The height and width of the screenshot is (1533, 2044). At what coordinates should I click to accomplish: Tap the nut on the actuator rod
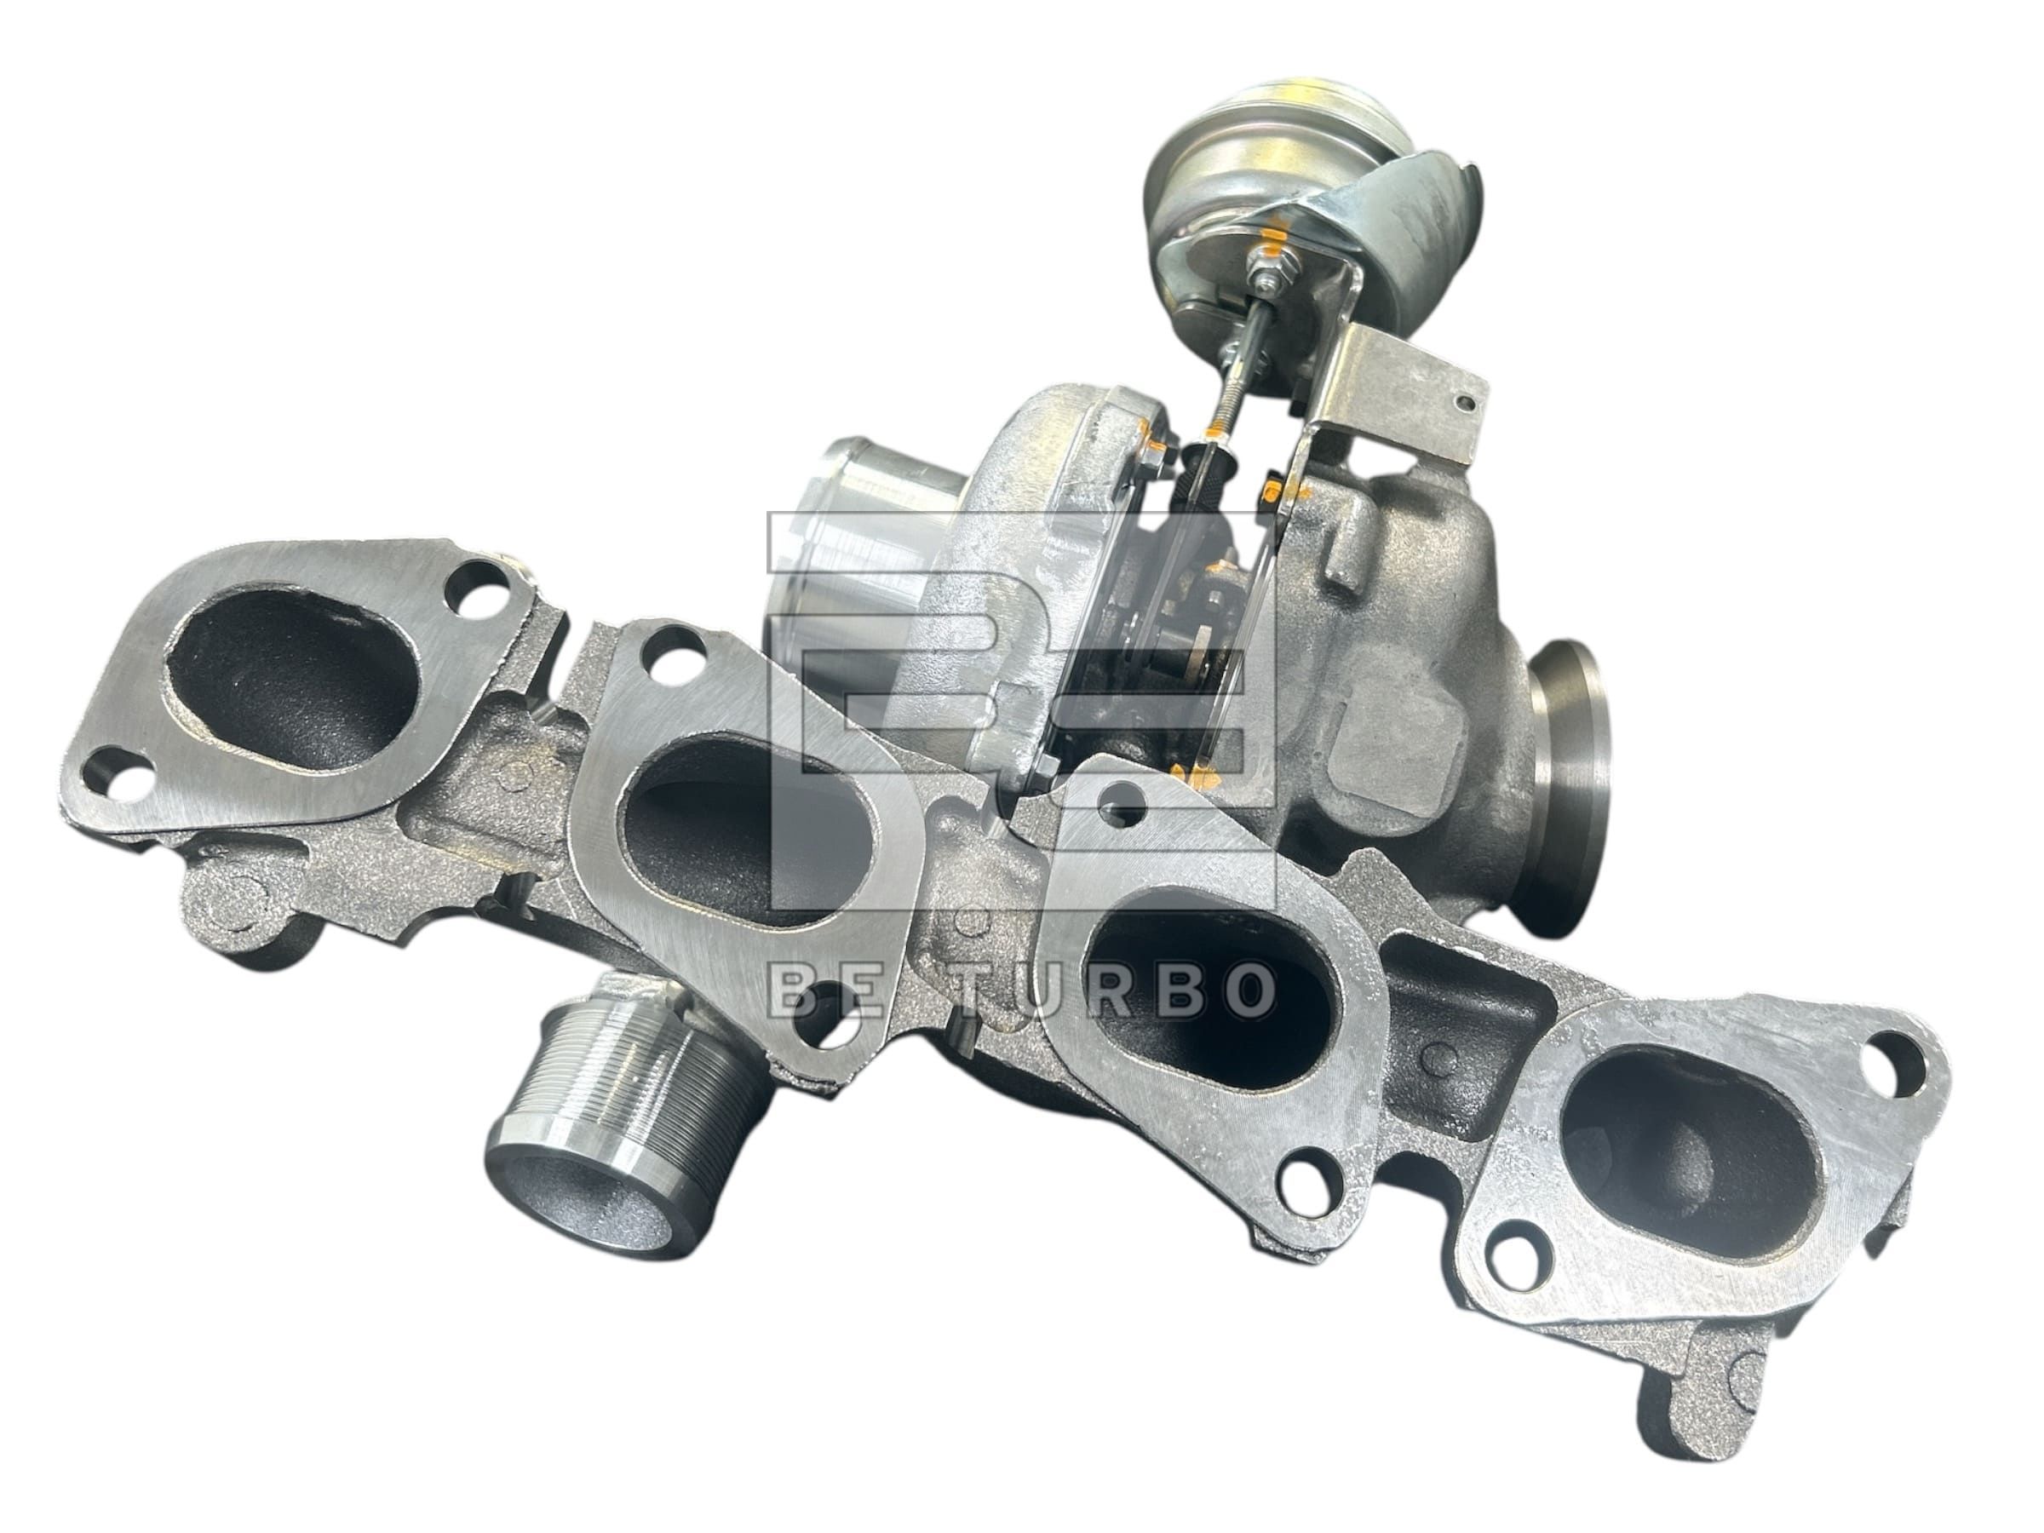tap(1262, 272)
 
